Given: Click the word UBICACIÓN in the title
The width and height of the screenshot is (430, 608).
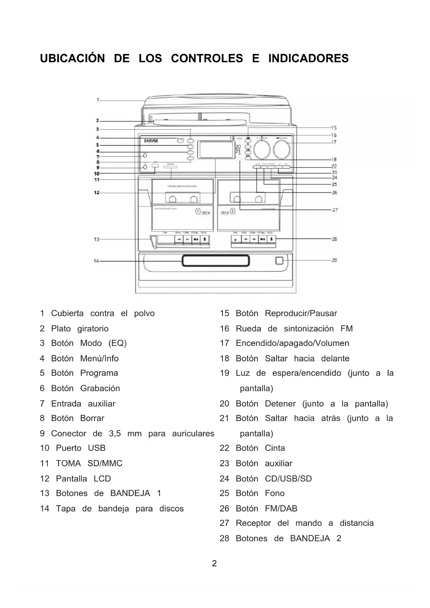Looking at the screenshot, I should coord(72,58).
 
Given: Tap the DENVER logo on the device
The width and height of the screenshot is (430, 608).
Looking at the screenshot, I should coord(151,141).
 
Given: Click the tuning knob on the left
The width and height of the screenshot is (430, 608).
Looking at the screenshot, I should coord(262,149).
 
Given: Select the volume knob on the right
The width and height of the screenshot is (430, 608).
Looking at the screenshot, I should coord(282,149).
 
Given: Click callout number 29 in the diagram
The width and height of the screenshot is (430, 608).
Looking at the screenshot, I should coord(334,260).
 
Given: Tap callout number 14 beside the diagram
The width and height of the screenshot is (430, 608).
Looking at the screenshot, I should coord(96,261).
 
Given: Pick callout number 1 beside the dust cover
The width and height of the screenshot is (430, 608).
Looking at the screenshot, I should coord(98,100).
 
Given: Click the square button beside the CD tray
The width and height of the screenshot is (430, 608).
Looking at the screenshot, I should coord(279,261).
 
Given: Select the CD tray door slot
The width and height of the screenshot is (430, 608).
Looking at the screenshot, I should coord(216,261).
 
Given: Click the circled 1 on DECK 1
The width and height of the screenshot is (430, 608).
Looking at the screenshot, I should coord(198,211).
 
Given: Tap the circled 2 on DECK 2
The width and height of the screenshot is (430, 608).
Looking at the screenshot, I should coord(232,211).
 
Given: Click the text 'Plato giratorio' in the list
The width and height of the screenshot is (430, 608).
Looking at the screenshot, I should coord(80,328).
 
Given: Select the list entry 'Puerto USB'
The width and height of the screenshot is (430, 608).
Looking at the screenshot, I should coord(80,448).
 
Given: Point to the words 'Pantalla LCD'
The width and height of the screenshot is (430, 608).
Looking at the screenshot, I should coord(83,478).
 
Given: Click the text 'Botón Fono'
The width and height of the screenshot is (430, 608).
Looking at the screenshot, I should coord(260,493).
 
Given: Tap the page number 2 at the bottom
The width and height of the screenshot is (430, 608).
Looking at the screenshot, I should coord(214,563).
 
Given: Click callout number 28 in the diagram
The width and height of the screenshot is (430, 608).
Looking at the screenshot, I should coord(334,239).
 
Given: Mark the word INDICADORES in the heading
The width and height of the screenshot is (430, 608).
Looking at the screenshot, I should coord(308,58).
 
